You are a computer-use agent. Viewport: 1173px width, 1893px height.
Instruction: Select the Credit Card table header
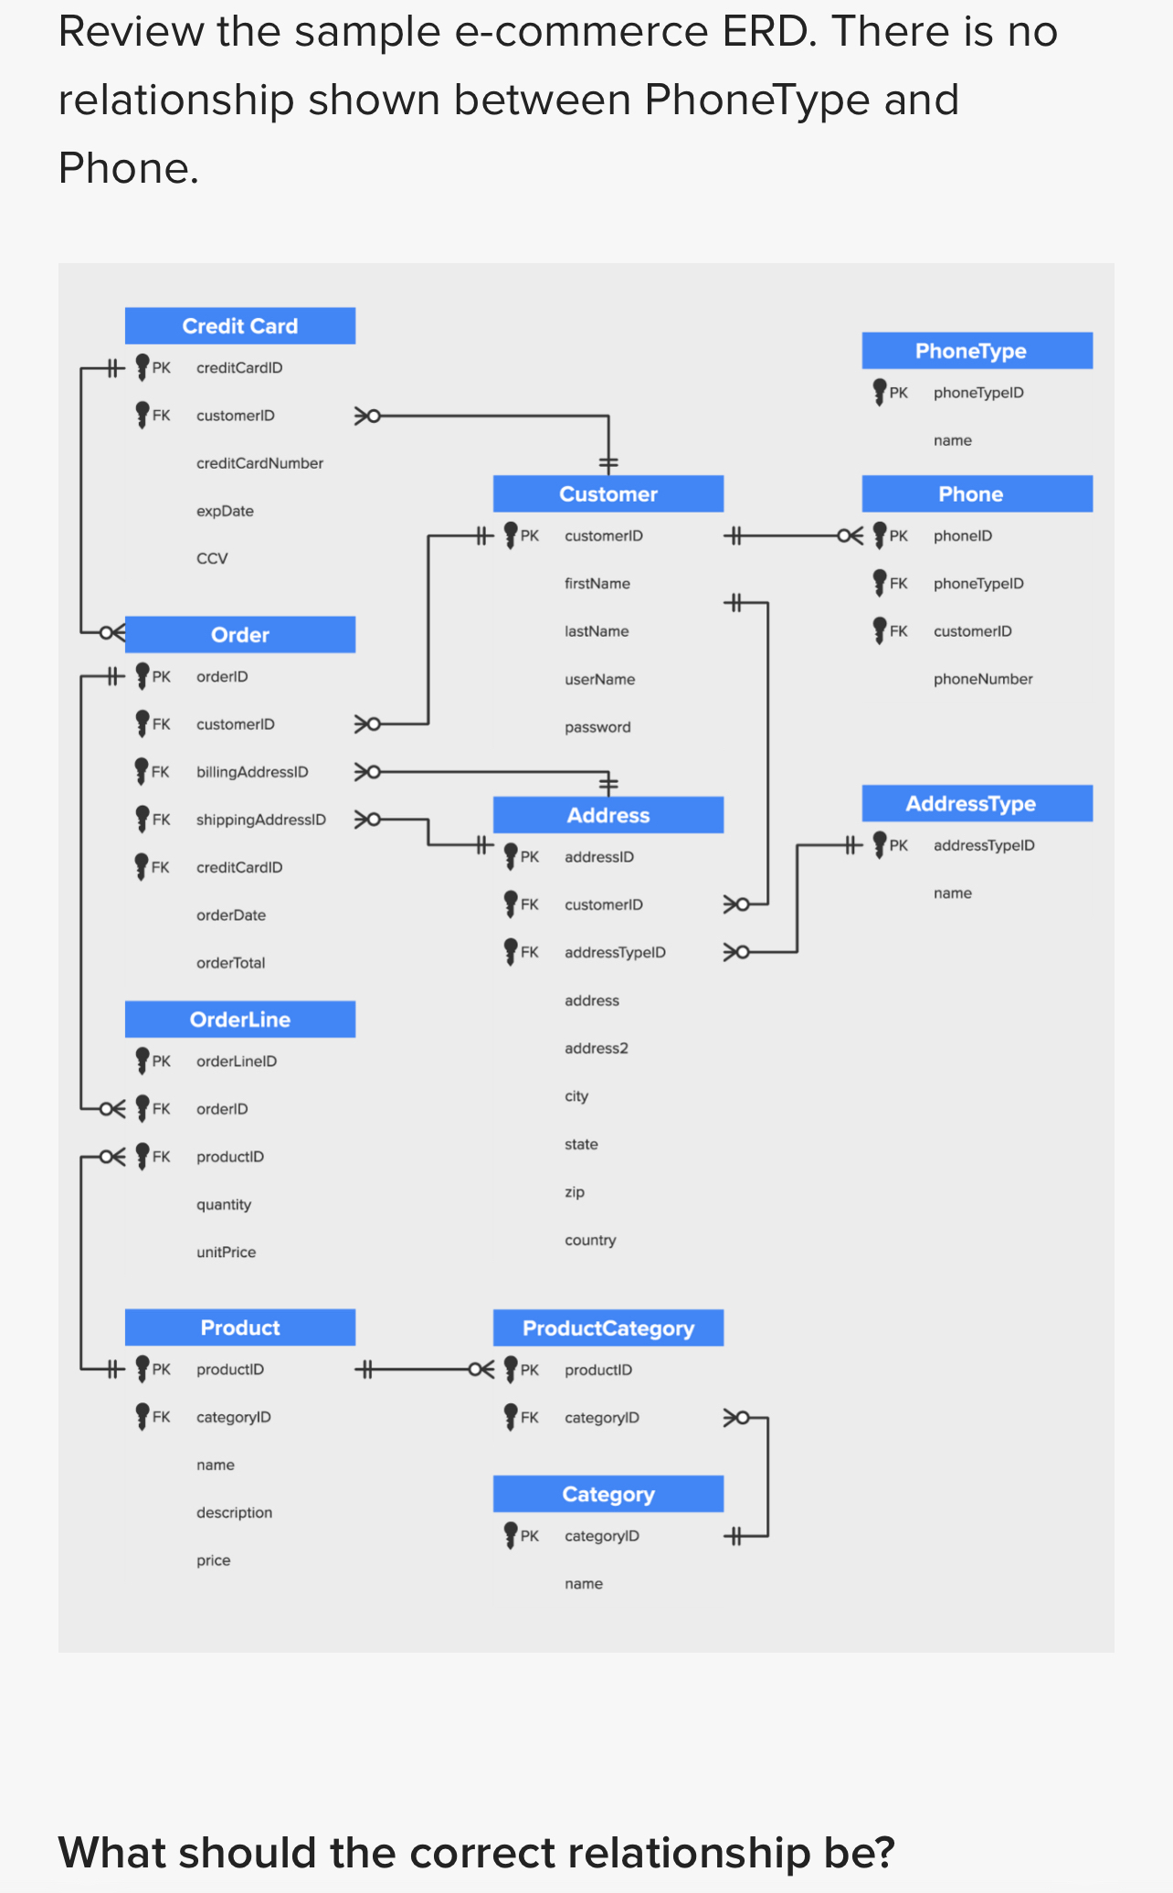pos(239,326)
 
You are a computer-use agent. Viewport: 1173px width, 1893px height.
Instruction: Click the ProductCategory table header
pos(608,1328)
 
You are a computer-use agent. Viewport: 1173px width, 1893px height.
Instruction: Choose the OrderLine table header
pos(239,1020)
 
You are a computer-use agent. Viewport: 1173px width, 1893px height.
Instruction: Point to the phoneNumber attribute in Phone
pos(982,679)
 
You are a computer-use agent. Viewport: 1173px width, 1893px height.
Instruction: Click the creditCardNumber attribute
pos(259,463)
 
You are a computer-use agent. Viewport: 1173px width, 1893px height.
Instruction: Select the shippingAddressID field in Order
pos(260,820)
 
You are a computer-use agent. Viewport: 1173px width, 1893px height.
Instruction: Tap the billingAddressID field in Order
pos(252,772)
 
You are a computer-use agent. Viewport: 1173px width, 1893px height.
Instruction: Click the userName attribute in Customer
pos(599,680)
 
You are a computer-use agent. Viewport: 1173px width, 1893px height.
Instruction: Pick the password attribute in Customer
pos(597,727)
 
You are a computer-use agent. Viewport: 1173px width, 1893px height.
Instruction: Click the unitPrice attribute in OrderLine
pos(226,1253)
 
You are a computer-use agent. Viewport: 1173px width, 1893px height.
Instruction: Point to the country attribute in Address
pos(590,1241)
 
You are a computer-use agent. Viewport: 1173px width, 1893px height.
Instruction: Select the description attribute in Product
pos(234,1513)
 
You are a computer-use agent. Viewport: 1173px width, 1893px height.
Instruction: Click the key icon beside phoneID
pos(880,534)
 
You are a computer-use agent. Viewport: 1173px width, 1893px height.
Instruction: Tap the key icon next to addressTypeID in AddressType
pos(880,844)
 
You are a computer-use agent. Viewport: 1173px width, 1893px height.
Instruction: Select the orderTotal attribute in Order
pos(230,963)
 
